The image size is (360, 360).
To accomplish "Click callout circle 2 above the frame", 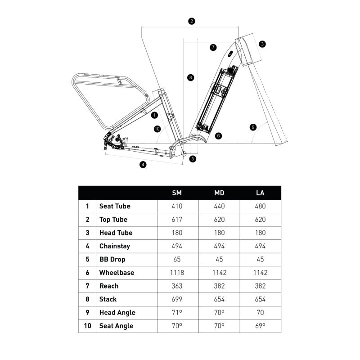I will point(192,21).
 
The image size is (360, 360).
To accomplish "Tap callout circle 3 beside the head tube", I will point(262,44).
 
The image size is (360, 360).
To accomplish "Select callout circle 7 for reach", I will point(213,47).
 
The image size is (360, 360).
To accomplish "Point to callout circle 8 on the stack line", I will point(191,78).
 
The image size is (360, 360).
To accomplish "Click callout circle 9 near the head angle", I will point(253,127).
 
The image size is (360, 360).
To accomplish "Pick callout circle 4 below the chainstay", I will point(143,165).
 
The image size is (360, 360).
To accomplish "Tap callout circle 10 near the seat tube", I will point(157,129).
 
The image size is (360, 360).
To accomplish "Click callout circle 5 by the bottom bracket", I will point(193,158).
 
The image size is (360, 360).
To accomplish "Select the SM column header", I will point(177,193).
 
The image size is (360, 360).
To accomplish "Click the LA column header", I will point(260,193).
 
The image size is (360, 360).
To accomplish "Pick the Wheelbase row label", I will point(117,273).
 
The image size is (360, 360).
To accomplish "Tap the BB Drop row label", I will point(112,260).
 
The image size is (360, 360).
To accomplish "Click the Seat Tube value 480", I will point(260,207).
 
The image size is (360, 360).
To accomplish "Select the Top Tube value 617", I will point(177,220).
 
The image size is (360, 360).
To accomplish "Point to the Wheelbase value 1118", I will point(177,273).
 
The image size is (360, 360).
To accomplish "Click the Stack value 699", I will point(177,299).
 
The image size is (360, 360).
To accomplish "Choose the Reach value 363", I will point(177,286).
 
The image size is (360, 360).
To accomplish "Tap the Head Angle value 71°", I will point(177,313).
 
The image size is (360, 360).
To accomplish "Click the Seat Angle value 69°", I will point(260,326).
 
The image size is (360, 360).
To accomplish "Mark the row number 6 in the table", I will point(87,273).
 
